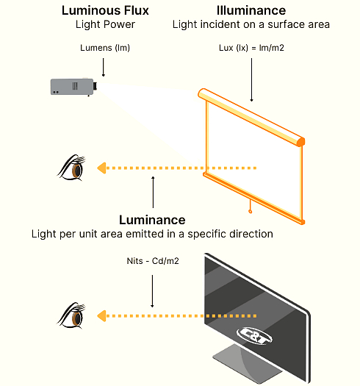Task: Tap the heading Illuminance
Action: pos(251,11)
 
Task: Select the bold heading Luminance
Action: pos(152,220)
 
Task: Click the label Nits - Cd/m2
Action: pos(152,261)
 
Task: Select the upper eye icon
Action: pos(71,168)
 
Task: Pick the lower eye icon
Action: pos(71,315)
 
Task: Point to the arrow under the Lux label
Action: pos(251,81)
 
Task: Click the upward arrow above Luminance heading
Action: pos(153,193)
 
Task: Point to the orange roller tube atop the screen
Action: pos(251,116)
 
